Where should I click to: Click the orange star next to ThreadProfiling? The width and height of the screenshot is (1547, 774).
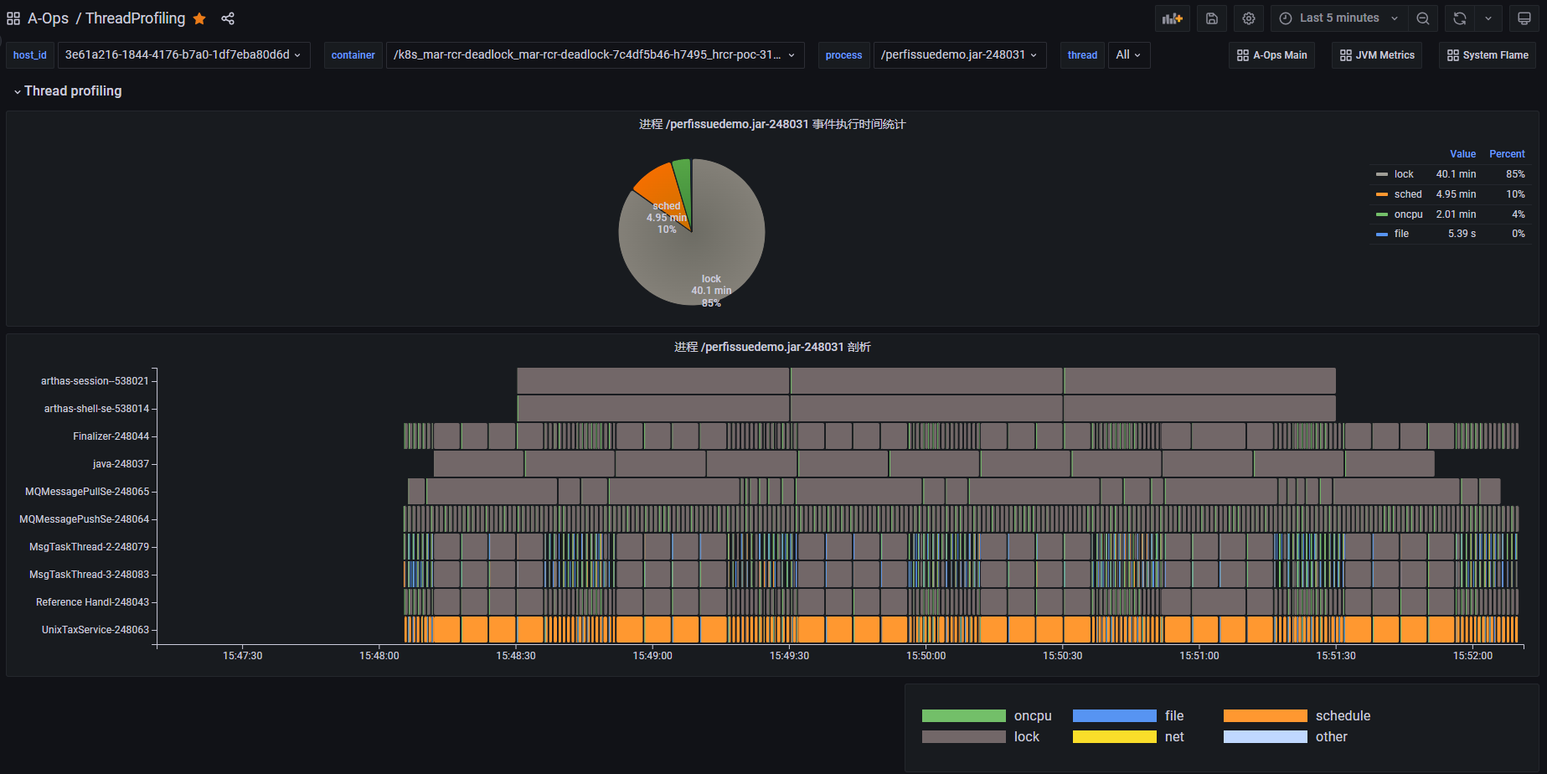[x=199, y=18]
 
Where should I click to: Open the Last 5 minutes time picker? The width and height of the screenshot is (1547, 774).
[x=1338, y=18]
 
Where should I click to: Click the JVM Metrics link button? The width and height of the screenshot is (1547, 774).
[x=1377, y=55]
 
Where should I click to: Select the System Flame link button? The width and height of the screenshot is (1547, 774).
[x=1488, y=55]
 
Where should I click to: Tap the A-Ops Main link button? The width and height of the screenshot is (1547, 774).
[x=1271, y=55]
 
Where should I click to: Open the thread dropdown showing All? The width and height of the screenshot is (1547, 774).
[x=1128, y=55]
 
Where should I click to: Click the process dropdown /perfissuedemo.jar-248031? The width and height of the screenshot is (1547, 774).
[x=959, y=55]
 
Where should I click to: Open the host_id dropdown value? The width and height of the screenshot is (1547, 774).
[x=183, y=55]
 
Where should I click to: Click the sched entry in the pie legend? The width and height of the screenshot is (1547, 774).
[x=1407, y=194]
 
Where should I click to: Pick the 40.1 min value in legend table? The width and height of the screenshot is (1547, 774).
[x=1456, y=174]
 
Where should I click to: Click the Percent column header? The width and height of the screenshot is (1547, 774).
[x=1507, y=154]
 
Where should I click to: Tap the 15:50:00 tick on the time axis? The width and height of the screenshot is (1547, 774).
[x=926, y=656]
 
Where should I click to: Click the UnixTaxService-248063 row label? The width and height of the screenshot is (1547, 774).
[x=95, y=630]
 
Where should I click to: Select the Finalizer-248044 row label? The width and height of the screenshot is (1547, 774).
[x=111, y=436]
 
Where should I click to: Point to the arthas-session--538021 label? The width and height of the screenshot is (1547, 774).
[x=95, y=381]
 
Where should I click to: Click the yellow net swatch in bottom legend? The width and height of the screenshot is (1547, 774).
[x=1114, y=737]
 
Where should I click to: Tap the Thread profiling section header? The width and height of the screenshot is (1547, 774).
[x=73, y=91]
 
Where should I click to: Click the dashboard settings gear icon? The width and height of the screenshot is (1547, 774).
[x=1248, y=18]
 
